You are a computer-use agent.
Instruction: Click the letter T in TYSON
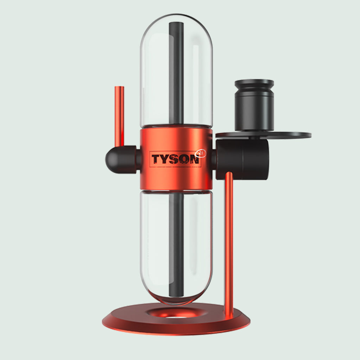(156, 159)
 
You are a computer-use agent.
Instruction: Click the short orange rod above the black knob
(120, 116)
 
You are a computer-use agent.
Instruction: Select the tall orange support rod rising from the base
(229, 243)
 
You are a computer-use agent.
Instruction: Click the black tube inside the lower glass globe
(176, 246)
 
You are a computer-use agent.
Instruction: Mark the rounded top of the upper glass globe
(176, 18)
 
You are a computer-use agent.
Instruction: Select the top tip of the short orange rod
(120, 88)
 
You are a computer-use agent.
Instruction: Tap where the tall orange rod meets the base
(229, 315)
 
